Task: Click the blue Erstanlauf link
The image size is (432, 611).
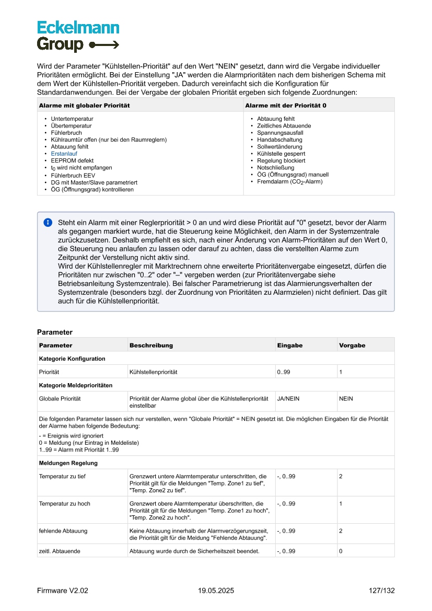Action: pos(64,154)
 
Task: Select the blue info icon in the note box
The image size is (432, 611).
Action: pos(48,223)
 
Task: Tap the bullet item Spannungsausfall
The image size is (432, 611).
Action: pos(280,133)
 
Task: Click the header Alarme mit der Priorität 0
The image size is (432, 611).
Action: pos(286,106)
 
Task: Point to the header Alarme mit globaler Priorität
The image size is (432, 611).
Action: pos(85,106)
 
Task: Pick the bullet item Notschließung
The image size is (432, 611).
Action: pos(275,168)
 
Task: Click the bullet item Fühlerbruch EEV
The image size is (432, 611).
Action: pos(73,176)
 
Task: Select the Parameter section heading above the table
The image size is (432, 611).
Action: pos(55,332)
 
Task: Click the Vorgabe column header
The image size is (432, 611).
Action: pos(352,345)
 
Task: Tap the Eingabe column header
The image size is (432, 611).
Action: pos(290,345)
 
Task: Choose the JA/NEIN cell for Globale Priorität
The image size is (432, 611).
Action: pos(288,399)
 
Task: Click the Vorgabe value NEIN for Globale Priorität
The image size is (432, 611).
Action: pos(346,399)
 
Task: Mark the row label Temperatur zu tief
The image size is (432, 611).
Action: pos(62,477)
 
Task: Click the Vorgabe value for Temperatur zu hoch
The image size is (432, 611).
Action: pos(341,504)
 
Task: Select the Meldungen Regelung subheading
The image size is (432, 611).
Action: pos(68,463)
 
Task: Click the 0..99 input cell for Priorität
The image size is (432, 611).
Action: pos(284,372)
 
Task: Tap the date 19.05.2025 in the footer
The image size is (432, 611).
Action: pos(216,591)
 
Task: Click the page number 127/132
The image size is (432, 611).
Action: pos(381,591)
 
